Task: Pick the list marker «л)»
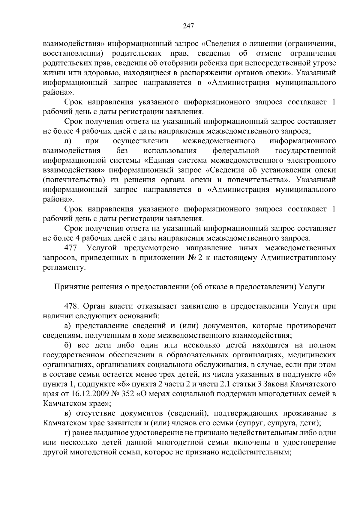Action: [x=67, y=141]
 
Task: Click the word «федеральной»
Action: [x=235, y=150]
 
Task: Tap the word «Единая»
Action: [x=158, y=160]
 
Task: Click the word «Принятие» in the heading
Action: [x=68, y=287]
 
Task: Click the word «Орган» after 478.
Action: [x=95, y=306]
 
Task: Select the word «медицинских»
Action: [x=312, y=355]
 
